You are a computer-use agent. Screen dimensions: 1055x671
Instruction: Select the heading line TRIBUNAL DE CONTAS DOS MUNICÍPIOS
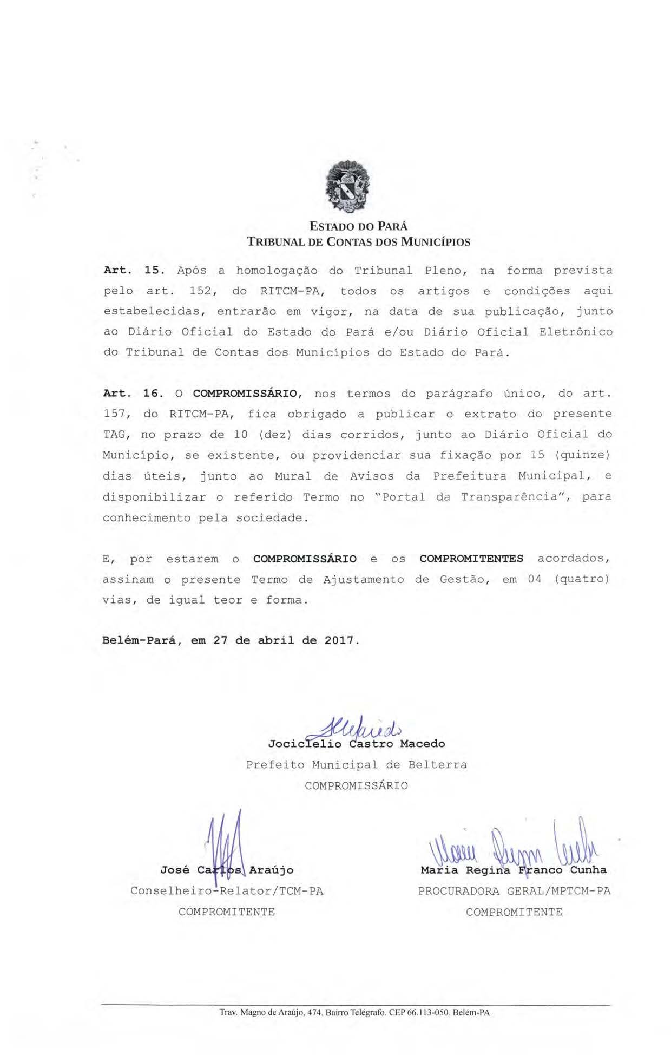pos(358,242)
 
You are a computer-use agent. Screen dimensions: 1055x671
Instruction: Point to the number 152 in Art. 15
pos(202,291)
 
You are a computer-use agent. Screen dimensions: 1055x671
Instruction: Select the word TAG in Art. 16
pos(114,435)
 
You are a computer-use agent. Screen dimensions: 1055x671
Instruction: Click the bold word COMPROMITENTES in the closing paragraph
pos(471,559)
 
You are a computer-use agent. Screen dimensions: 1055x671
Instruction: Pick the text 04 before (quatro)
pos(535,579)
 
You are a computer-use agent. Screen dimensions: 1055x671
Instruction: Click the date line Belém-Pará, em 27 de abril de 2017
pos(231,640)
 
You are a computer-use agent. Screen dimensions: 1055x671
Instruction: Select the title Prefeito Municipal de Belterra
pos(356,765)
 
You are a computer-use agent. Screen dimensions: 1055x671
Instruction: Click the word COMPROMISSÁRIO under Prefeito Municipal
pos(356,785)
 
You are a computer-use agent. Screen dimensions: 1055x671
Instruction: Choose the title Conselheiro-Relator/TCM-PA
pos(227,891)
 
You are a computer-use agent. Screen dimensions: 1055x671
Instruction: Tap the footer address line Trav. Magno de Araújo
pos(355,1012)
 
